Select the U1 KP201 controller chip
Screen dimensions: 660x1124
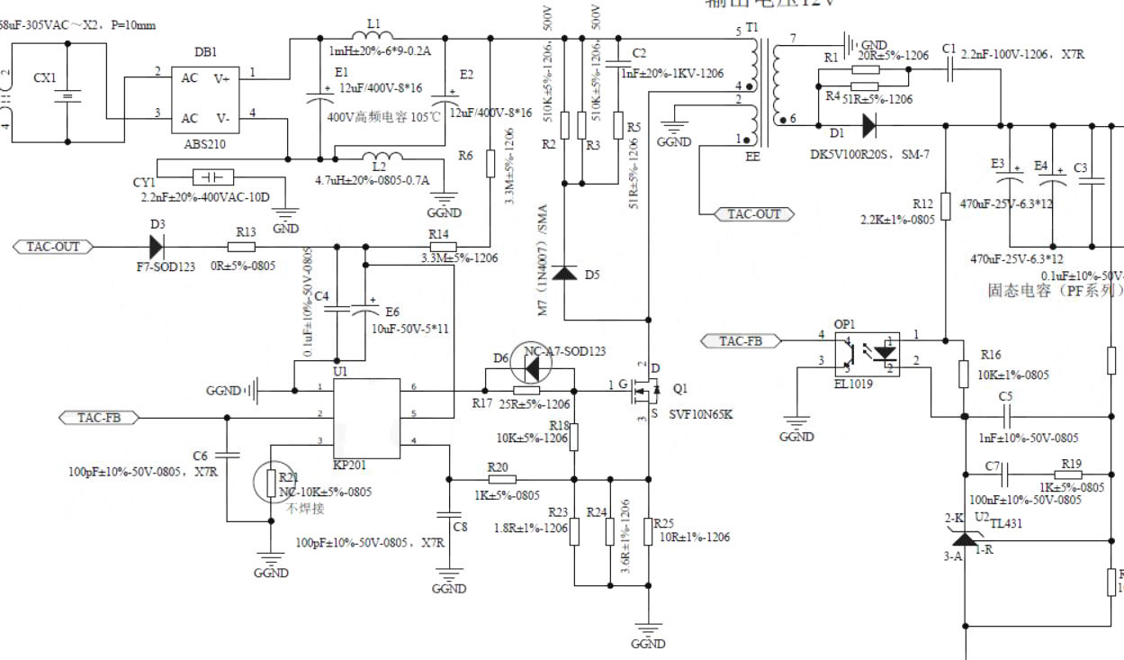coord(366,418)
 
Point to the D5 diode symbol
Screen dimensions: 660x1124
coord(564,272)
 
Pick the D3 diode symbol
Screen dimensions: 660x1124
coord(157,246)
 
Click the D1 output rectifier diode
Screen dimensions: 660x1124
coord(868,123)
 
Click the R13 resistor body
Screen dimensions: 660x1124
coord(241,246)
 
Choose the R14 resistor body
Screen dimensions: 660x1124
coord(442,246)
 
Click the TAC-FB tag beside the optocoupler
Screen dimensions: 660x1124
coord(741,340)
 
